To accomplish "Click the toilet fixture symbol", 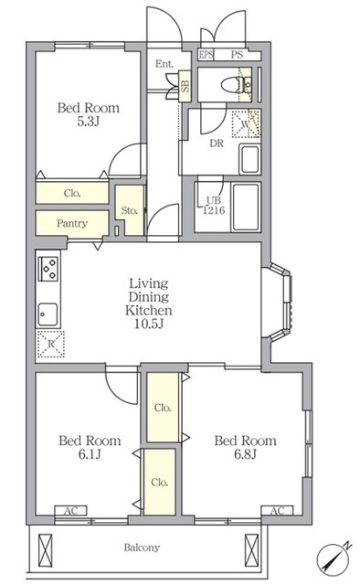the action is point(232,85).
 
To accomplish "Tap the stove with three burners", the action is point(48,268).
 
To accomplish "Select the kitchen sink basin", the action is point(48,314).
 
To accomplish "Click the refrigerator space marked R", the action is point(51,344).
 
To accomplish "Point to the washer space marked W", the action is point(246,124).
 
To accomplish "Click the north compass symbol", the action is point(334,557).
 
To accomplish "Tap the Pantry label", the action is point(72,223).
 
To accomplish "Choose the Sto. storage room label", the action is point(130,210).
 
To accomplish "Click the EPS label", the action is point(206,55).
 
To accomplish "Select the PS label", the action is point(237,55).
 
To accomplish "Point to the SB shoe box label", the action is point(185,86).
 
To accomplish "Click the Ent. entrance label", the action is point(164,64).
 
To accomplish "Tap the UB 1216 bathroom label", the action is point(214,206).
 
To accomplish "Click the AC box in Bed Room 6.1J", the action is point(71,510).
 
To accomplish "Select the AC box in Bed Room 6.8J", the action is point(277,510).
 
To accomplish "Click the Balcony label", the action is point(142,548).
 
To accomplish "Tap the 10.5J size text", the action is point(149,324).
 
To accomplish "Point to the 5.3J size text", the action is point(88,122).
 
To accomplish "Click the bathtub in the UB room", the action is point(245,207).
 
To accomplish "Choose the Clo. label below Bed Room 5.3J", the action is point(72,193).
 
